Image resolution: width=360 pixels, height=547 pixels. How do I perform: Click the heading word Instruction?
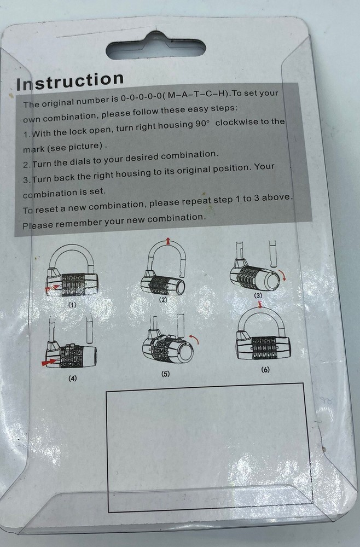pos(70,81)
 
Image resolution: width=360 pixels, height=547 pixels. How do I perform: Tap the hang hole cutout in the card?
pos(155,47)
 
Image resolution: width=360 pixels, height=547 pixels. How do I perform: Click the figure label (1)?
pos(72,305)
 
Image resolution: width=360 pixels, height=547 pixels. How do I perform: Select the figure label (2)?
pos(163,300)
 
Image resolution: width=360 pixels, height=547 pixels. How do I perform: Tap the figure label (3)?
pos(258,295)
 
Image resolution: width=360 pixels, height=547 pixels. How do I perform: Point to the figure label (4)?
pos(72,378)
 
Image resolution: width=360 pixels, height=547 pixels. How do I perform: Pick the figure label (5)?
pos(165,374)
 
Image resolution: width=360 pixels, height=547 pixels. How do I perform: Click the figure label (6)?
pos(265,370)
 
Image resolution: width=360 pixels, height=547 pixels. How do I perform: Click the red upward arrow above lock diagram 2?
pos(169,241)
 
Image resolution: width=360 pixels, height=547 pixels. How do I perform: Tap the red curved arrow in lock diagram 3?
pos(284,276)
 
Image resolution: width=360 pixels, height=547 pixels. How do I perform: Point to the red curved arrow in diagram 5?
pos(194,339)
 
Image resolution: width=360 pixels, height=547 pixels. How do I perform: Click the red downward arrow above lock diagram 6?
pos(259,305)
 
